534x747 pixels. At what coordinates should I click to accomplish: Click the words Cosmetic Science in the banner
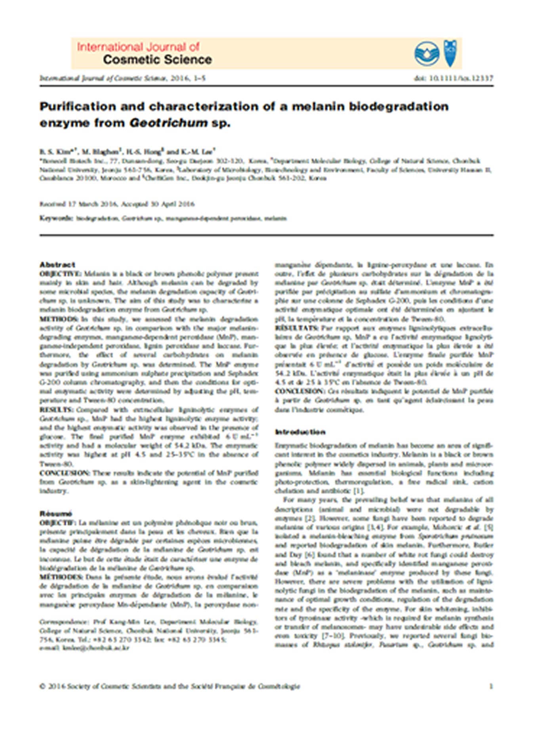click(x=157, y=60)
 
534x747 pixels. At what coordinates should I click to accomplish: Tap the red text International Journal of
click(x=138, y=47)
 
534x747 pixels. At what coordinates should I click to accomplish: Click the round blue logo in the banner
click(x=426, y=54)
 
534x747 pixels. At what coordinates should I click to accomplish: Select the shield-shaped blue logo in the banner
click(x=450, y=53)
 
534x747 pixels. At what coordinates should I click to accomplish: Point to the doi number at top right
click(x=453, y=78)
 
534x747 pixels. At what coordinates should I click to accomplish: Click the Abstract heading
click(x=57, y=264)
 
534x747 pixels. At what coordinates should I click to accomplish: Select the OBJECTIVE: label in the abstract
click(x=60, y=274)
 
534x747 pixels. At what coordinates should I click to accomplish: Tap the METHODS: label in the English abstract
click(x=59, y=319)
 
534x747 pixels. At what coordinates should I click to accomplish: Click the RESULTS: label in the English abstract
click(x=57, y=410)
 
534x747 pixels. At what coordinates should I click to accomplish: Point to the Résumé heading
click(x=55, y=514)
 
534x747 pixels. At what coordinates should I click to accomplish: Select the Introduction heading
click(x=300, y=432)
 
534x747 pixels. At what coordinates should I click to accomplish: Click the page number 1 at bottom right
click(x=491, y=686)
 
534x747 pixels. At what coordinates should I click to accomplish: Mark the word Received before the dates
click(x=52, y=204)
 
